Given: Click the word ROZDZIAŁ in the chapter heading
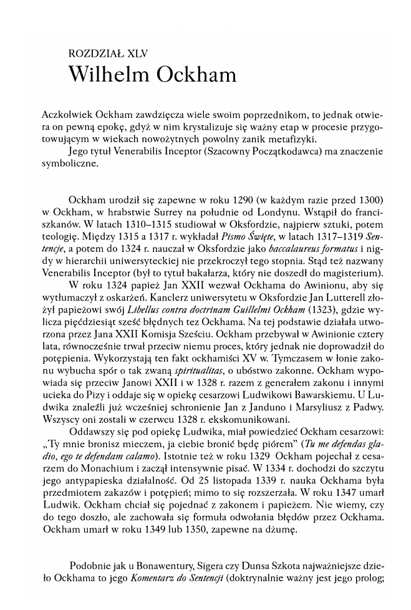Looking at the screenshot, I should pos(94,54).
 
